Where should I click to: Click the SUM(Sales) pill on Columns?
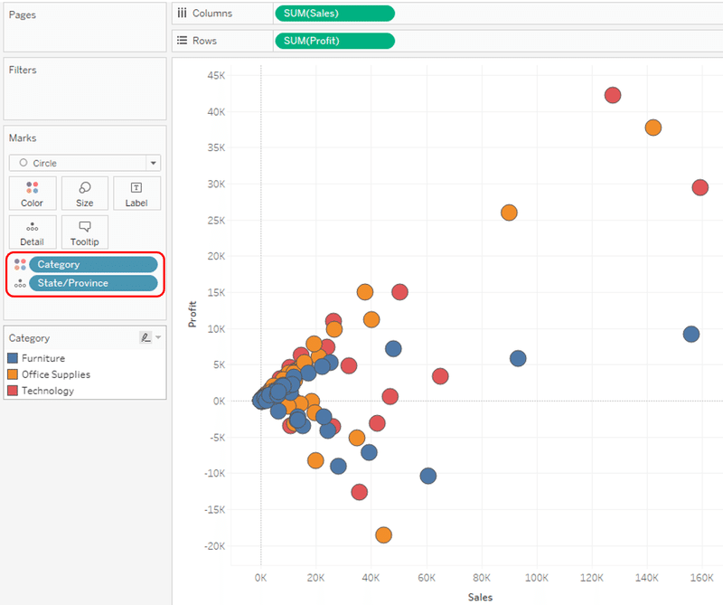tap(333, 13)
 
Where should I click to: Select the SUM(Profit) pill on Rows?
tap(333, 41)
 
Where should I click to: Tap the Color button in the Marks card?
tap(33, 193)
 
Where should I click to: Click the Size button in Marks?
tap(85, 193)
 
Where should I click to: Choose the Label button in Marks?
tap(136, 193)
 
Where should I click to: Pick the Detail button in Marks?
tap(33, 232)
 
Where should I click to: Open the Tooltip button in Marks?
tap(85, 232)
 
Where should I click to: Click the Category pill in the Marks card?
tap(93, 264)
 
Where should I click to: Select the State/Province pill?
tap(93, 283)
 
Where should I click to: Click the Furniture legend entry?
tap(42, 358)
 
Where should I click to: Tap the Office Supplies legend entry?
tap(55, 374)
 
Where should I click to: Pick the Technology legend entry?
tap(47, 391)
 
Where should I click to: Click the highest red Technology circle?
tap(613, 95)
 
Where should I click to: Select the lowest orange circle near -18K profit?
tap(383, 535)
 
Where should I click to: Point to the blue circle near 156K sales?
tap(691, 334)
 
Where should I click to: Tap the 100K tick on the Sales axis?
tap(537, 577)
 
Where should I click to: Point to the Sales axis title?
tap(480, 597)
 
